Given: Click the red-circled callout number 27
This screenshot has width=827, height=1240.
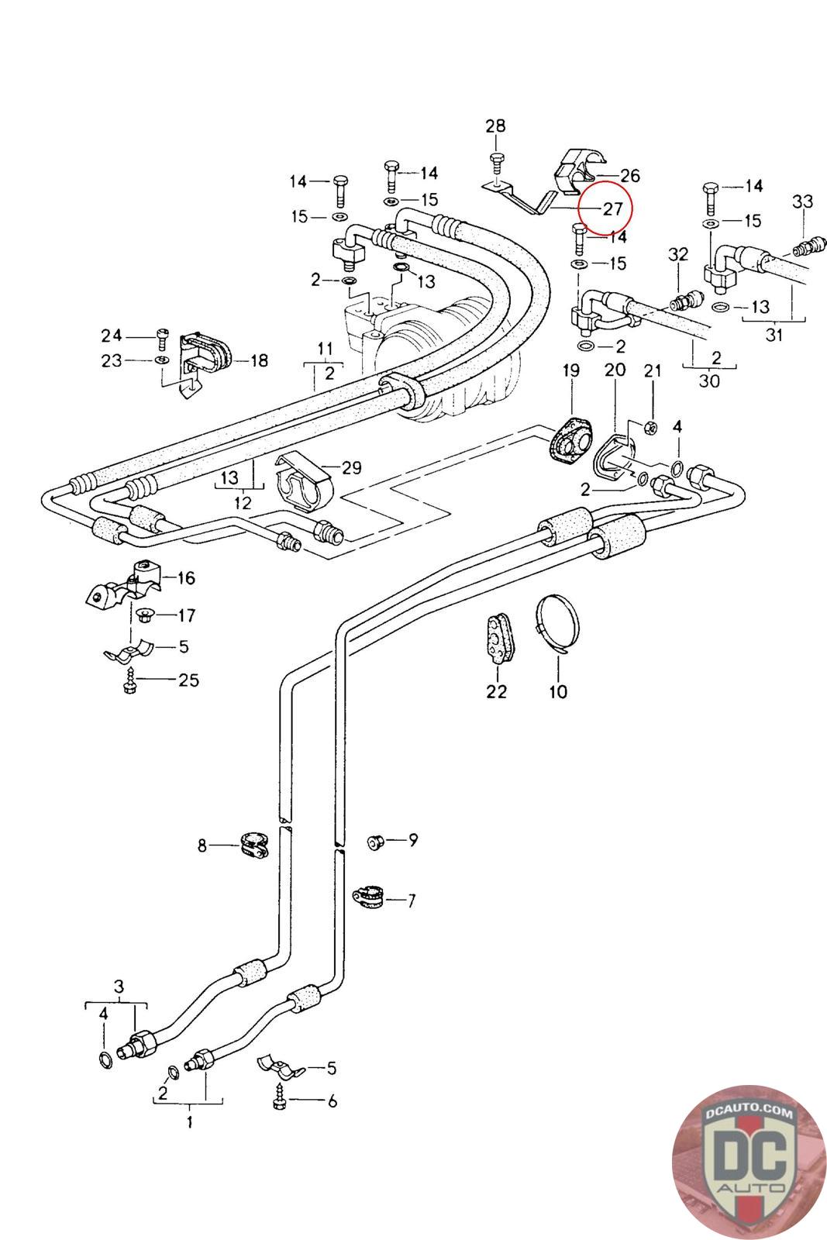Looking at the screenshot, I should pyautogui.click(x=612, y=208).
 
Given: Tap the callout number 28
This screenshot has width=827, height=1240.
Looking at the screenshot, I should pyautogui.click(x=495, y=126).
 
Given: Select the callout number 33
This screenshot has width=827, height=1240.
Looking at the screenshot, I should pyautogui.click(x=802, y=201).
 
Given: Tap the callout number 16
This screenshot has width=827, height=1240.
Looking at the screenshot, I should pyautogui.click(x=186, y=577).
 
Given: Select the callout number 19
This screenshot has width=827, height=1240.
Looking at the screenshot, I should pyautogui.click(x=570, y=370).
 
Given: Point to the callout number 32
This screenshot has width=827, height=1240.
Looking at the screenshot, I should pyautogui.click(x=678, y=254).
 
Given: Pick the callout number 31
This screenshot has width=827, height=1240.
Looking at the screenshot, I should pyautogui.click(x=774, y=335).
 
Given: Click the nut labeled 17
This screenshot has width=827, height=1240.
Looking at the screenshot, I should pyautogui.click(x=143, y=616).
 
